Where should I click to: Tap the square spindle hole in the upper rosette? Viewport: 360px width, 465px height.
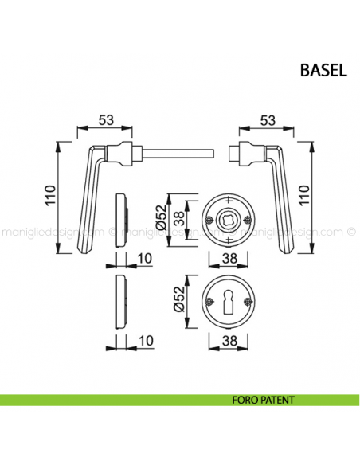tap(229, 219)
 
